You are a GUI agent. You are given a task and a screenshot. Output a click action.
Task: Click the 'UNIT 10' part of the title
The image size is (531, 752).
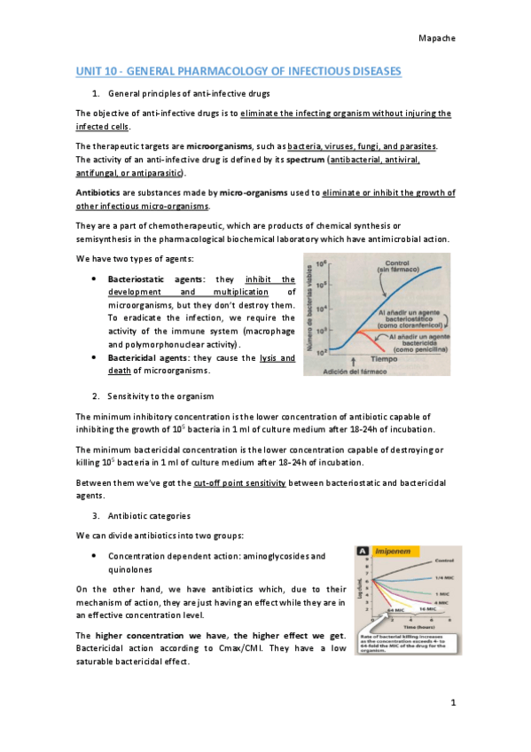100,70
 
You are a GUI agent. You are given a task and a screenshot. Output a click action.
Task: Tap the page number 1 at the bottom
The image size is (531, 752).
451,703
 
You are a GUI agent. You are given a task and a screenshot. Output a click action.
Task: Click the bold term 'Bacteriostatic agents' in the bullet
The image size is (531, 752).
151,279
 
